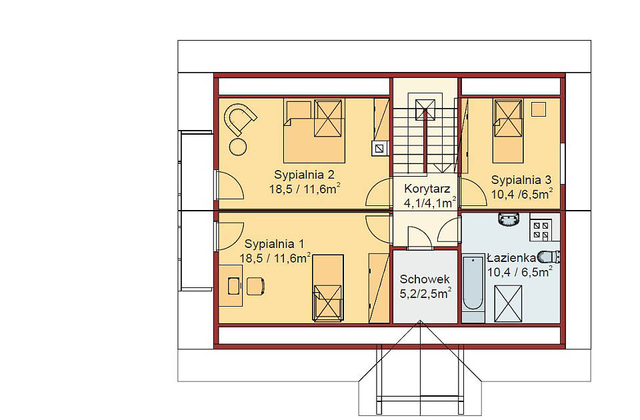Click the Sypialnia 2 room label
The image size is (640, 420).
[x=304, y=175]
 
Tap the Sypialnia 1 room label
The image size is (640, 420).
[x=274, y=244]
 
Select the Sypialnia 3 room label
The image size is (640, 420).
[x=521, y=179]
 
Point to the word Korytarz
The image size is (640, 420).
[x=427, y=189]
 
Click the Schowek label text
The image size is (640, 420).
[x=425, y=279]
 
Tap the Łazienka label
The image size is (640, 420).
[x=511, y=258]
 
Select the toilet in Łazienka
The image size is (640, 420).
[x=549, y=257]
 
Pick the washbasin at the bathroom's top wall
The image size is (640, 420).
[x=508, y=219]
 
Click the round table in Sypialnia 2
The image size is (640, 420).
[x=237, y=147]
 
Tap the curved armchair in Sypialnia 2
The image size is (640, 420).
[x=240, y=118]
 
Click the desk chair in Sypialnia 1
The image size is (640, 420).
[x=255, y=286]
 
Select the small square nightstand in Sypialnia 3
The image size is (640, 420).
[x=539, y=109]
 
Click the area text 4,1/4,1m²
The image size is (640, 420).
[x=430, y=202]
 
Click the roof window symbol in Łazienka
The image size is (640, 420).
[x=508, y=304]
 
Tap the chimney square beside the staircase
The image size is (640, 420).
[x=380, y=148]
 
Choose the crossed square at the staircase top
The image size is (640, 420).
[x=425, y=109]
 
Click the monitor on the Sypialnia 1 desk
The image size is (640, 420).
[x=233, y=286]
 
